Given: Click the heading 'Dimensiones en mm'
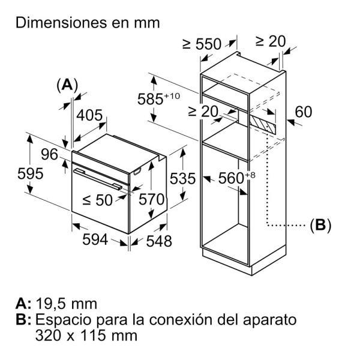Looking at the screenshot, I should (88, 23).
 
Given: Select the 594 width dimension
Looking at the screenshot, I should (95, 240).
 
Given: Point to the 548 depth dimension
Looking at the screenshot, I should (159, 241).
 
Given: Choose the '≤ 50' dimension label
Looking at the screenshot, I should (97, 201).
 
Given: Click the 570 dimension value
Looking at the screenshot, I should (151, 199).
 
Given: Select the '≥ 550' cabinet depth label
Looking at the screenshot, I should (202, 44).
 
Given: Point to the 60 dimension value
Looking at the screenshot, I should (304, 112).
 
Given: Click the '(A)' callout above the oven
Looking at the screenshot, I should (67, 85).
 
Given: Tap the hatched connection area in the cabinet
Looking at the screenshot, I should (263, 125).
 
